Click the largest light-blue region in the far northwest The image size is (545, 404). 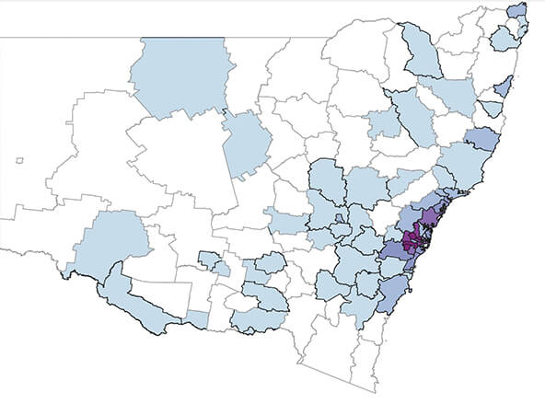[x=180, y=78]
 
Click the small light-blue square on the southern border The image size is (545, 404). [x=197, y=317]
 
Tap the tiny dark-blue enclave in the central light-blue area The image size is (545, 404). [x=340, y=218]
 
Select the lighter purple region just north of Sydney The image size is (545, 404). [x=430, y=218]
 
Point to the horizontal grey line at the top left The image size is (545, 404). [x=64, y=38]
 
